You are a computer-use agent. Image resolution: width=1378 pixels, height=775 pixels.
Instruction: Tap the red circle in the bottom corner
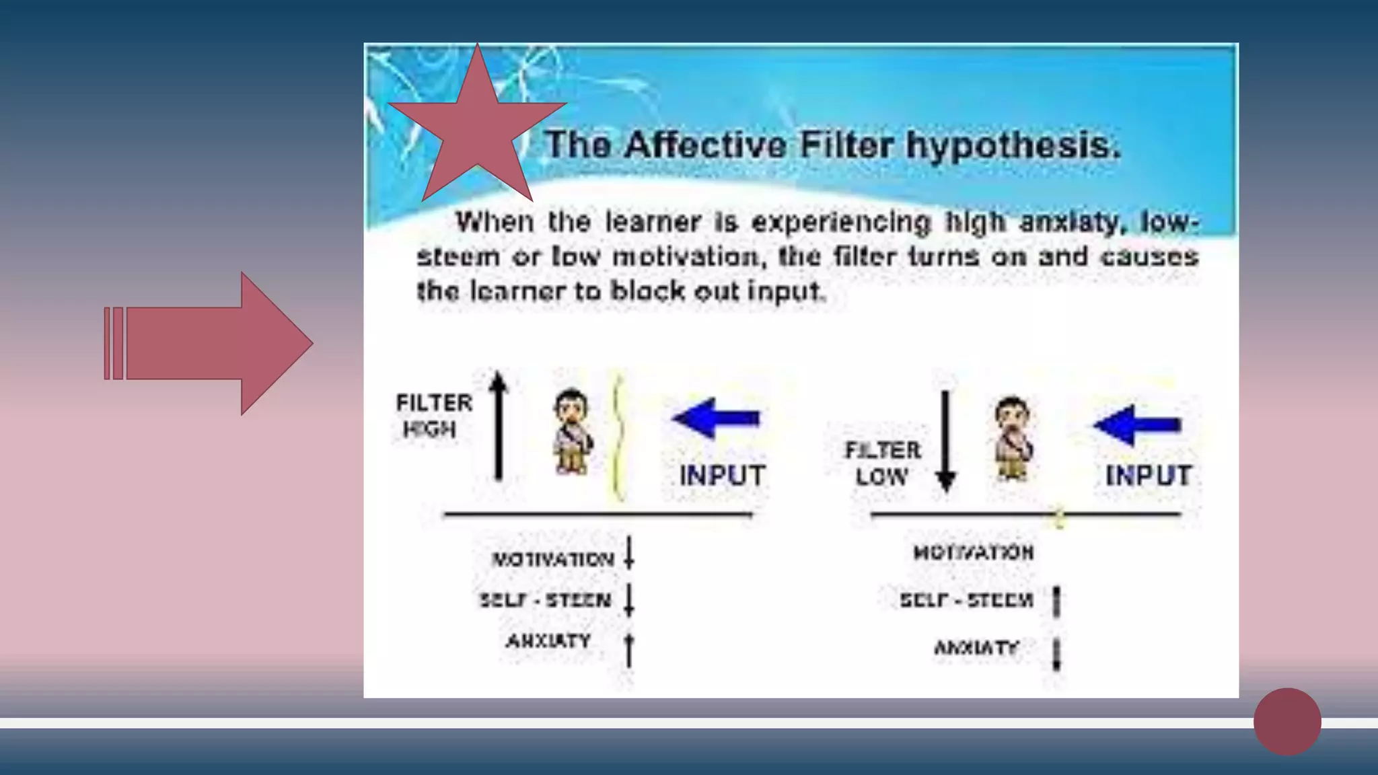tap(1286, 721)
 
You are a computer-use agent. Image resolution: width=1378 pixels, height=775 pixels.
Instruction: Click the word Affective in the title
tap(704, 145)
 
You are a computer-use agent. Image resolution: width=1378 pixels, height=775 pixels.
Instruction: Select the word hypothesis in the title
tap(1013, 145)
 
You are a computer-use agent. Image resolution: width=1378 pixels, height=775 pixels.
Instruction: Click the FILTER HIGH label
tap(433, 416)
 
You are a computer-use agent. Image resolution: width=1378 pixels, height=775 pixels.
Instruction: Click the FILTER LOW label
tap(882, 463)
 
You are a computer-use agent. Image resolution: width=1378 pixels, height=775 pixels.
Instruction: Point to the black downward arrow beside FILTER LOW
tap(946, 441)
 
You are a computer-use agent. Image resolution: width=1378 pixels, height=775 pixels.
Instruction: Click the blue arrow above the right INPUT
tap(1136, 425)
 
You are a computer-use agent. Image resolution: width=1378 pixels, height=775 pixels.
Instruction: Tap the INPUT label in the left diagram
tap(722, 476)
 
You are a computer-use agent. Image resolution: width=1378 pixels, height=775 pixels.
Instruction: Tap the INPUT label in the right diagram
tap(1148, 476)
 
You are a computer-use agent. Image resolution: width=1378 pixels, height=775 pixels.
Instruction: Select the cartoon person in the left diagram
tap(573, 432)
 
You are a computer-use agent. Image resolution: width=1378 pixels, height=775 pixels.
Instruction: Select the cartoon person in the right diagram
tap(1013, 439)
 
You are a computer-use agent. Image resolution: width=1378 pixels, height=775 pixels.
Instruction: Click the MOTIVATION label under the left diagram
tap(552, 559)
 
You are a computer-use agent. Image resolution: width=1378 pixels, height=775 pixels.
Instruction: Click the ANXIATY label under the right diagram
tap(976, 648)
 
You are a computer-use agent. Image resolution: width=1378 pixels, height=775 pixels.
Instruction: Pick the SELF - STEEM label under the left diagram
tap(545, 599)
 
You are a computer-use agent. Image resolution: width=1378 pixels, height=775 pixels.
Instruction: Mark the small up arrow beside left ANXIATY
tap(628, 649)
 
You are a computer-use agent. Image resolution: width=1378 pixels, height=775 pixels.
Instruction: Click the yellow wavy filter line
tap(618, 437)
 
